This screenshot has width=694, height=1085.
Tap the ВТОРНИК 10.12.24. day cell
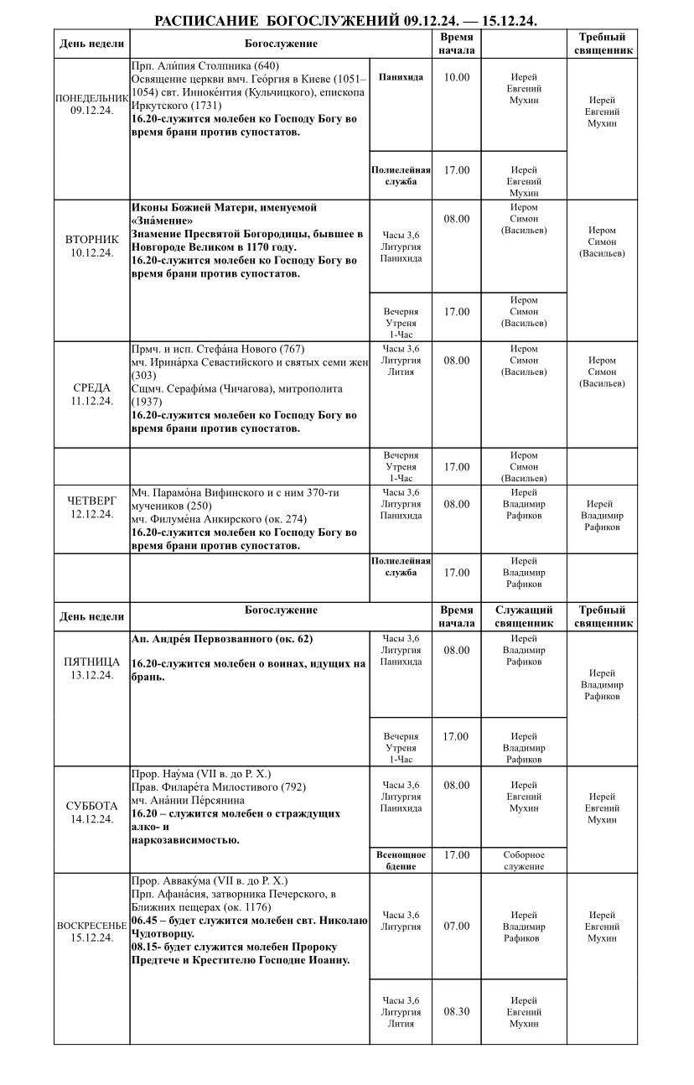pyautogui.click(x=91, y=246)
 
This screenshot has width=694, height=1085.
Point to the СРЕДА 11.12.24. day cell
pyautogui.click(x=91, y=394)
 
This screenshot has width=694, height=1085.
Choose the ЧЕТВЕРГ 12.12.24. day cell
pyautogui.click(x=91, y=507)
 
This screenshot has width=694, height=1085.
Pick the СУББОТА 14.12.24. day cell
pyautogui.click(x=91, y=812)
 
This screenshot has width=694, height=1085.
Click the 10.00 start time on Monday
pyautogui.click(x=457, y=77)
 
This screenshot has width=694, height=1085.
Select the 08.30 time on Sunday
pyautogui.click(x=457, y=1011)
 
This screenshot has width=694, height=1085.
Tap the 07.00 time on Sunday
pyautogui.click(x=457, y=927)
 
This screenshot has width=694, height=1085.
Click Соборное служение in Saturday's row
pyautogui.click(x=524, y=860)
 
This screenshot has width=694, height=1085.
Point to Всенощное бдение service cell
pyautogui.click(x=401, y=860)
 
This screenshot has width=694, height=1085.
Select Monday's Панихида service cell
pyautogui.click(x=401, y=77)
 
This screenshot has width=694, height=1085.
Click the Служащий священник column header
pyautogui.click(x=524, y=616)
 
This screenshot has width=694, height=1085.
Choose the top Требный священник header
pyautogui.click(x=602, y=44)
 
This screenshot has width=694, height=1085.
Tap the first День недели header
pyautogui.click(x=91, y=44)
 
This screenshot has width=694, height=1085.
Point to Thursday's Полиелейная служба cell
pyautogui.click(x=401, y=567)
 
